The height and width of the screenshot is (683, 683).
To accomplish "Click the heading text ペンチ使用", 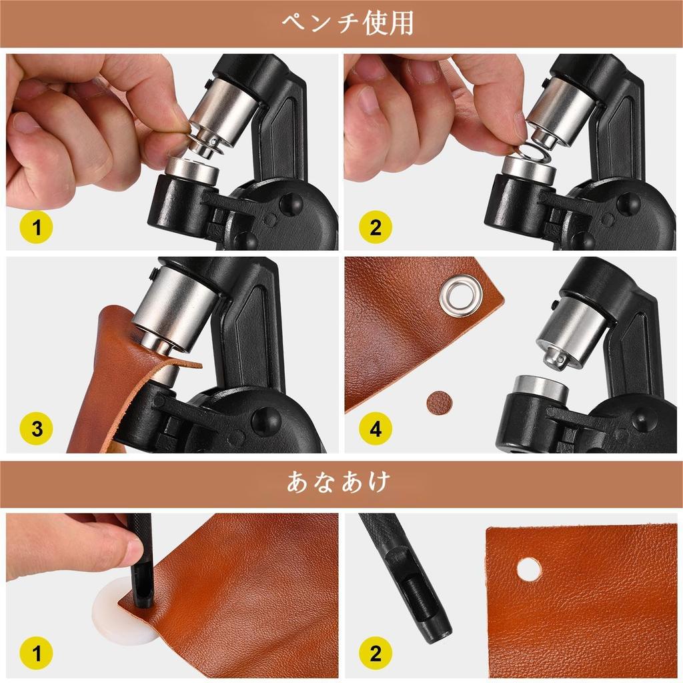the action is coord(347,23).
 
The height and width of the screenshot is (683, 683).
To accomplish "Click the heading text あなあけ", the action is coord(338,482).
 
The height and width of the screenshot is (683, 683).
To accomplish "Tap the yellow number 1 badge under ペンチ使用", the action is coord(36,227).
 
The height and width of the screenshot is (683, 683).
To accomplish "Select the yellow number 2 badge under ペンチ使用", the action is coord(375,227).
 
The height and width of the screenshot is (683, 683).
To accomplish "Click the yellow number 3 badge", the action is coord(36,429).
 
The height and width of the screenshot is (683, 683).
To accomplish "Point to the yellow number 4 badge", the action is coord(375,429).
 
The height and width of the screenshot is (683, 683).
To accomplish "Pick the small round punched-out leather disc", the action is coord(440,402).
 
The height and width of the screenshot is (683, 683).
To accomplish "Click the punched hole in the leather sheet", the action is coord(529,569).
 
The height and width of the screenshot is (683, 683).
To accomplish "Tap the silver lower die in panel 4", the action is coord(541,389).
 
